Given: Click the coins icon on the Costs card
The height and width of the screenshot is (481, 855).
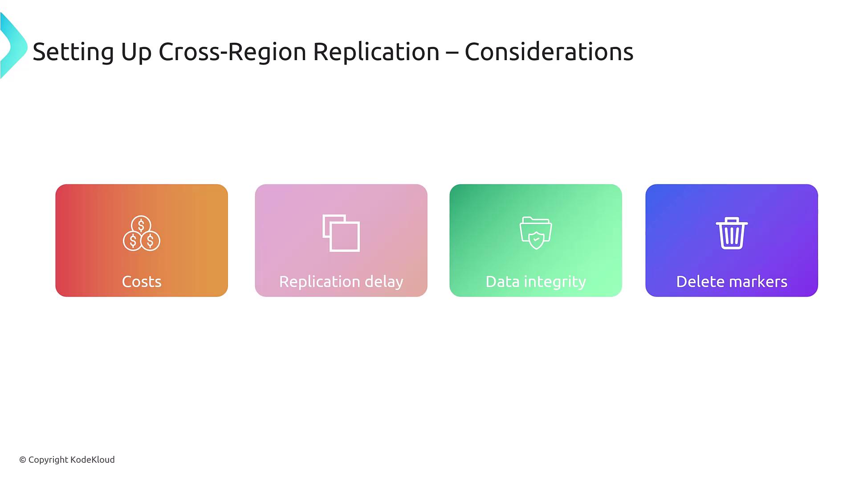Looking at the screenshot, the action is [142, 233].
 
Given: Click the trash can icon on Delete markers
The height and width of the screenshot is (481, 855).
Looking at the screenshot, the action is [732, 233].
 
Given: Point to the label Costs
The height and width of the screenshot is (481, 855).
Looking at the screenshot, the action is [142, 281].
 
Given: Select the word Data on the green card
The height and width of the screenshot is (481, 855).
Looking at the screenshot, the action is [502, 281].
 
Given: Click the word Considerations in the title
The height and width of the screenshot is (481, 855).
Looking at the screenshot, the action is [549, 52].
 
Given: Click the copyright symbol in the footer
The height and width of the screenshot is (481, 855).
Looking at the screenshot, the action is [23, 460].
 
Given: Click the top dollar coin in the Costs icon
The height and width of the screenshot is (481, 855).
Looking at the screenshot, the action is [141, 225].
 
